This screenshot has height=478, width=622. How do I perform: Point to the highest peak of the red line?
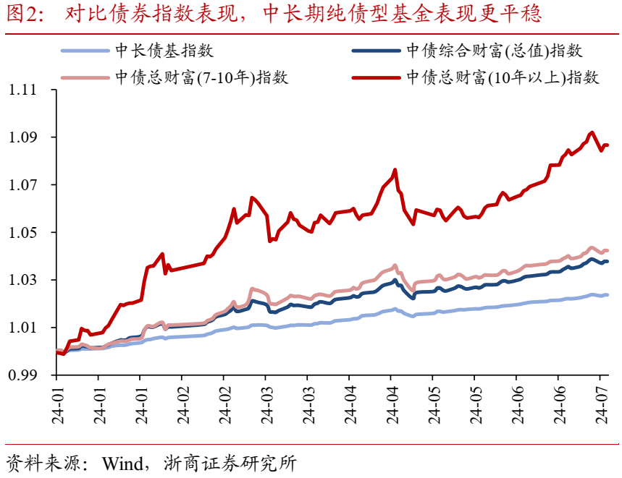click(592, 132)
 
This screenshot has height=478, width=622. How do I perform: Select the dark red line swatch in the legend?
click(376, 77)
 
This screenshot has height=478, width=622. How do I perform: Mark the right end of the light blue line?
click(607, 294)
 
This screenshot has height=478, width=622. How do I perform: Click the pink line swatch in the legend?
click(85, 77)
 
